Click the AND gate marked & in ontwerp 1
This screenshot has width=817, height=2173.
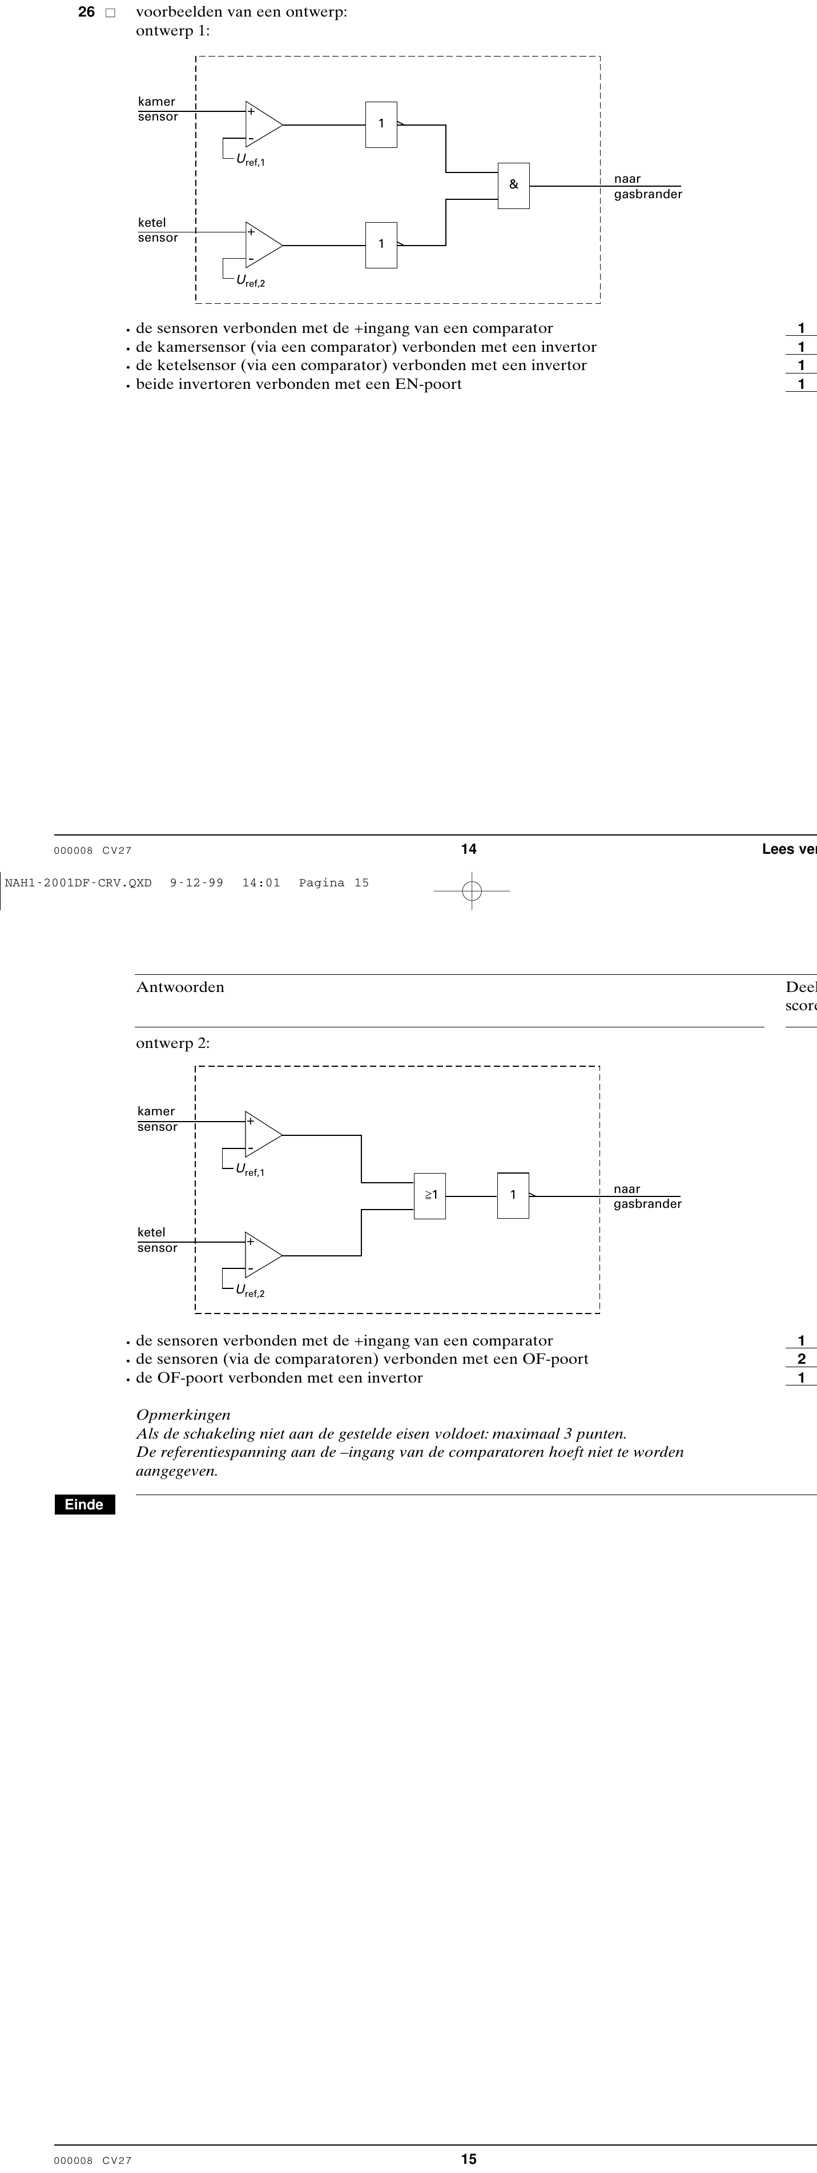(x=513, y=186)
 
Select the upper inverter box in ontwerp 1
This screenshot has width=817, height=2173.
(x=381, y=125)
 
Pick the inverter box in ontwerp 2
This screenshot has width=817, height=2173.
(x=513, y=1195)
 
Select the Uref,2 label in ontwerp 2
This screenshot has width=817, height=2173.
(x=251, y=1291)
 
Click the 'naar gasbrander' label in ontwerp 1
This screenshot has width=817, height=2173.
(x=647, y=186)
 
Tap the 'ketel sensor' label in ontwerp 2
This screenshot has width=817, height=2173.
(x=158, y=1240)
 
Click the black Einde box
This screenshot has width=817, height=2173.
(x=84, y=1504)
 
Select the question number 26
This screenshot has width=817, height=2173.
(x=86, y=12)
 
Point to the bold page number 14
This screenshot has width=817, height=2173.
(x=469, y=849)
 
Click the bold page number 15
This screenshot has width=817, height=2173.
(x=469, y=2159)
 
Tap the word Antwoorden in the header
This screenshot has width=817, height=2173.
(x=180, y=987)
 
